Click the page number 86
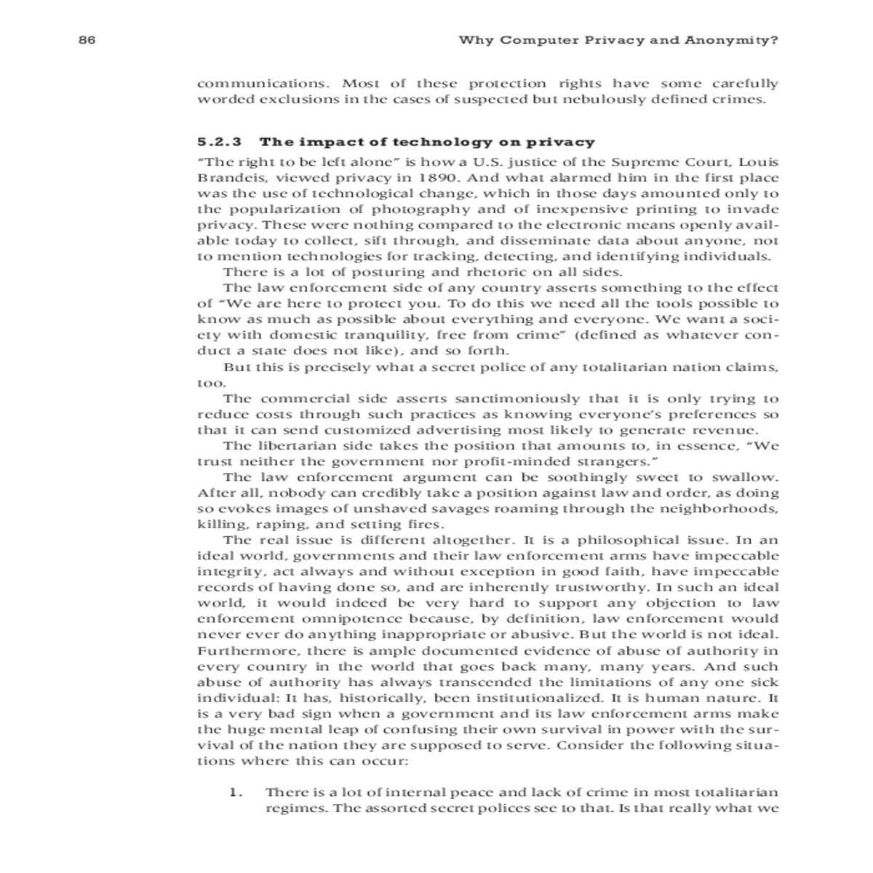(87, 41)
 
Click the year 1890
(439, 178)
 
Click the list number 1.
(234, 793)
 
